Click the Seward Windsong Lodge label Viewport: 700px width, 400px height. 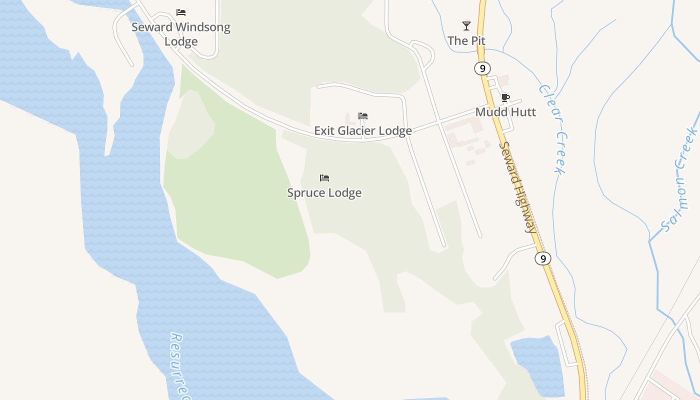click(x=181, y=34)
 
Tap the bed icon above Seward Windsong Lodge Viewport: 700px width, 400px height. click(x=181, y=12)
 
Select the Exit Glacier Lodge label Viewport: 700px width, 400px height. click(x=363, y=131)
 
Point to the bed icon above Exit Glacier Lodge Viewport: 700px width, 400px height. click(x=363, y=116)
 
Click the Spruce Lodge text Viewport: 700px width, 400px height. click(x=324, y=193)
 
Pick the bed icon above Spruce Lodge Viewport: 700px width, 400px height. click(x=324, y=178)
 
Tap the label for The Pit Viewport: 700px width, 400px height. click(x=466, y=41)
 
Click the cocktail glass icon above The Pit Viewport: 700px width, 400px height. click(x=466, y=26)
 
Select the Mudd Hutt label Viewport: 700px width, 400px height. click(x=505, y=112)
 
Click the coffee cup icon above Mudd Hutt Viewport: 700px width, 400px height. click(x=505, y=97)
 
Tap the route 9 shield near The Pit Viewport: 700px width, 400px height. click(x=482, y=68)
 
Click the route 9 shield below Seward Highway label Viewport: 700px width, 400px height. click(x=542, y=258)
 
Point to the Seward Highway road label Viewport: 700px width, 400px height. click(x=518, y=187)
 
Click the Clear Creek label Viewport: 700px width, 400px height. click(x=553, y=129)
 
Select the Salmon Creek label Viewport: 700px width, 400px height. click(x=680, y=180)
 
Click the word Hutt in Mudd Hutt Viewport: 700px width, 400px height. click(x=523, y=112)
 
